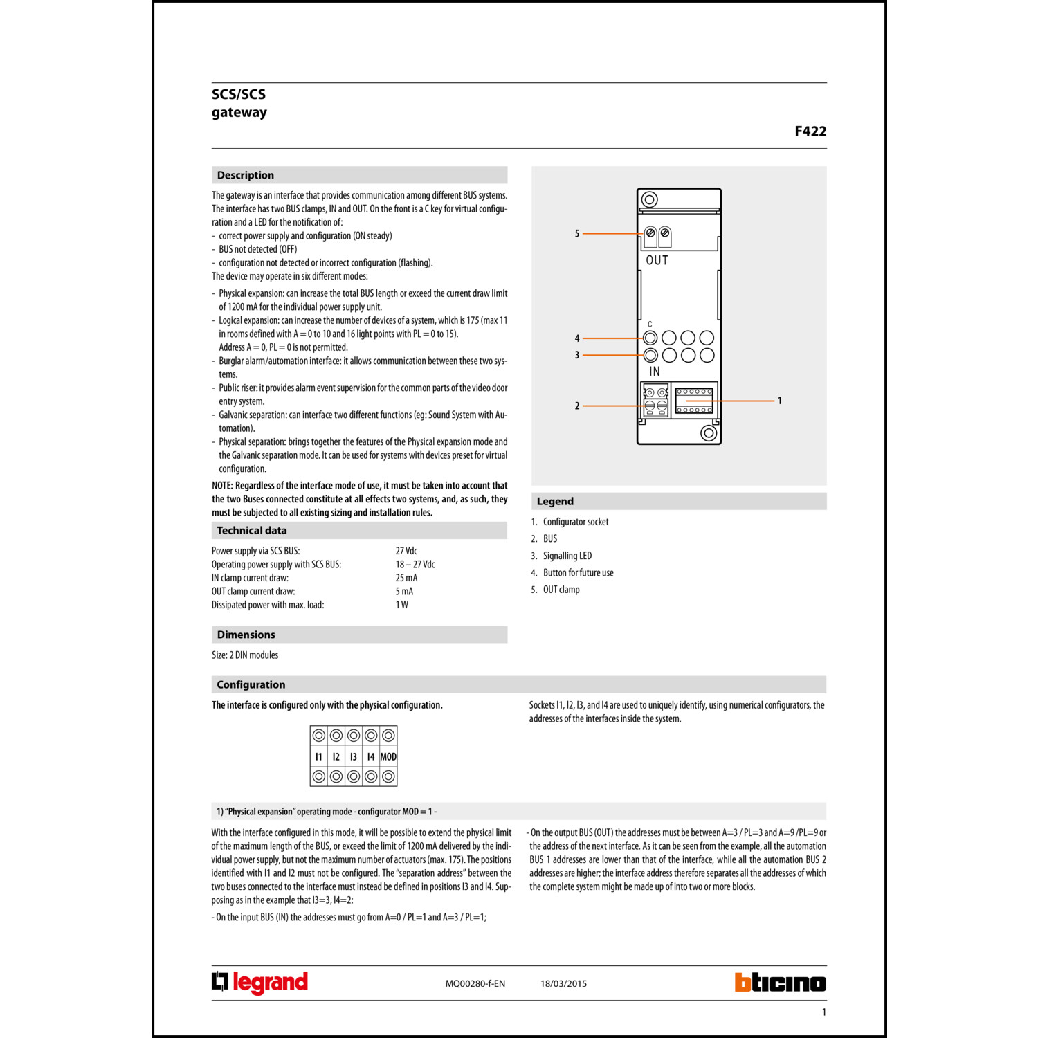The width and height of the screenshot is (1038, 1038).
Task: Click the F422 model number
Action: [x=810, y=131]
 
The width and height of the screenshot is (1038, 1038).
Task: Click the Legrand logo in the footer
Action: [x=259, y=983]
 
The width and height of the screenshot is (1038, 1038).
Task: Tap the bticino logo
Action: [x=780, y=983]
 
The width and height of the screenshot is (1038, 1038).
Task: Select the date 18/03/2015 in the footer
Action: [x=563, y=983]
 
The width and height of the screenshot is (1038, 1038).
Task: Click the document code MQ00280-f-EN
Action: [x=475, y=983]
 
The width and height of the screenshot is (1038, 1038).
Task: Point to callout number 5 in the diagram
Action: [x=576, y=234]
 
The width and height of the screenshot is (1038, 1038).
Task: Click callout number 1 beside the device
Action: [x=780, y=401]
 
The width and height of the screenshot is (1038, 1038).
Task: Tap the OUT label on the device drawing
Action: [x=657, y=261]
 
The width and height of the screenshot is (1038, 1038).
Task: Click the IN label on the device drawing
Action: [x=654, y=372]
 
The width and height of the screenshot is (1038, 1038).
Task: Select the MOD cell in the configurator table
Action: [x=388, y=756]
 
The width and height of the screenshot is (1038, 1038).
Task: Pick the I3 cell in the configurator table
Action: [x=354, y=756]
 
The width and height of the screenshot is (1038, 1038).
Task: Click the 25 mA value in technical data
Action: [x=406, y=578]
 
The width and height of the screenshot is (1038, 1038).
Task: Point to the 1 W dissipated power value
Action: [x=401, y=605]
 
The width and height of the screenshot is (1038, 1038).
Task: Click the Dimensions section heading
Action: [x=246, y=635]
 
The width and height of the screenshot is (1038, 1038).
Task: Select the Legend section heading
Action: [x=555, y=501]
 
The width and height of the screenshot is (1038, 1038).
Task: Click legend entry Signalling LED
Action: [x=567, y=556]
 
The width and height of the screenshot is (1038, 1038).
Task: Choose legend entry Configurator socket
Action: [x=575, y=522]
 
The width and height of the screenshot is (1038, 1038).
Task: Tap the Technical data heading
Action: [x=251, y=530]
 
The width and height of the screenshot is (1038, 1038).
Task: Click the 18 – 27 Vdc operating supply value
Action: [x=415, y=564]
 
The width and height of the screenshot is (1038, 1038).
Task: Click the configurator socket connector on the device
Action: [x=694, y=401]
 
